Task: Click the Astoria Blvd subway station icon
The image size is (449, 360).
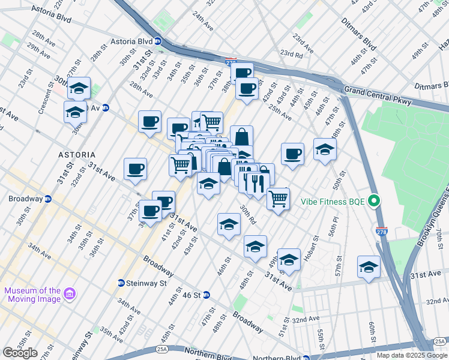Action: [x=157, y=41]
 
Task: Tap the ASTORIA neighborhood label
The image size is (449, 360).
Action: [x=77, y=154]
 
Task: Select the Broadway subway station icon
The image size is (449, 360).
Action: [x=48, y=199]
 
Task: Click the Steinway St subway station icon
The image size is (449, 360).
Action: [x=121, y=283]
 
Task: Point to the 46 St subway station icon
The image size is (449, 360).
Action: [x=206, y=295]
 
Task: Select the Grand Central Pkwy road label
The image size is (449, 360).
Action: [x=378, y=97]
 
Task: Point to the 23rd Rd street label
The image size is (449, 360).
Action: [x=291, y=54]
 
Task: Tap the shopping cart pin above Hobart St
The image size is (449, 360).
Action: [x=278, y=198]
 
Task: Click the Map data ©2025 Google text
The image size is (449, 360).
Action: [x=411, y=355]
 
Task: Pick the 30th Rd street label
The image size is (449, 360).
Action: [x=249, y=214]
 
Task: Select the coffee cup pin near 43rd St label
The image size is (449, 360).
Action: [x=292, y=153]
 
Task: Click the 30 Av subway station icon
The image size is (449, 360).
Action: [x=106, y=108]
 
